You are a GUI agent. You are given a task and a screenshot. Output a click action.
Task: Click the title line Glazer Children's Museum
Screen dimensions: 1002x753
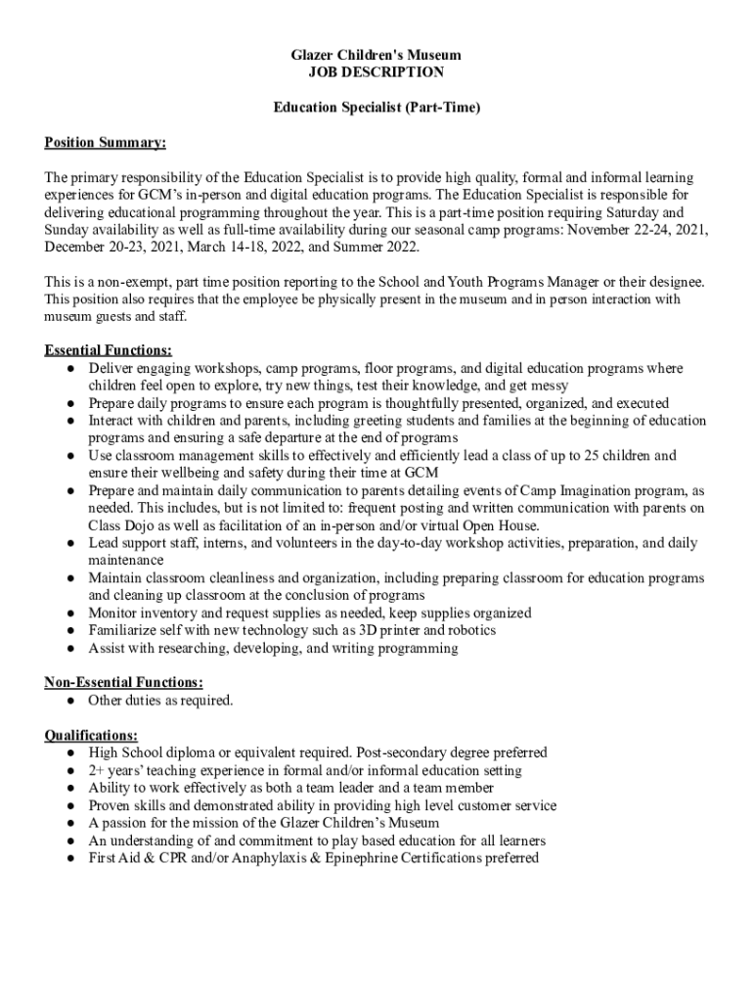coord(376,55)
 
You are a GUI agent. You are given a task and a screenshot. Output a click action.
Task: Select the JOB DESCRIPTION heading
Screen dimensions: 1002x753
coord(376,72)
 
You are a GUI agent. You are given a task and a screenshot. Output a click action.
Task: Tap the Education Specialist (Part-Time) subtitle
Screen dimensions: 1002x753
coord(376,108)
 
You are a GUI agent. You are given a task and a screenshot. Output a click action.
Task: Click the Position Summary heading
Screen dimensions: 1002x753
coord(106,143)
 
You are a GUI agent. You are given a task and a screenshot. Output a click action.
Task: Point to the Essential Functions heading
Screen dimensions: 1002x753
coord(109,350)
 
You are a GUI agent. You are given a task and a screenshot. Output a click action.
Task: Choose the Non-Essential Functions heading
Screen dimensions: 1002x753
coord(124,683)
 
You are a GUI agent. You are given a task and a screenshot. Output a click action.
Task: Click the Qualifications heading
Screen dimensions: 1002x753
coord(91,735)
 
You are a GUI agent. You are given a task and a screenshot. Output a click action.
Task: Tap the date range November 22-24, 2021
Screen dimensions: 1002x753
coord(637,230)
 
